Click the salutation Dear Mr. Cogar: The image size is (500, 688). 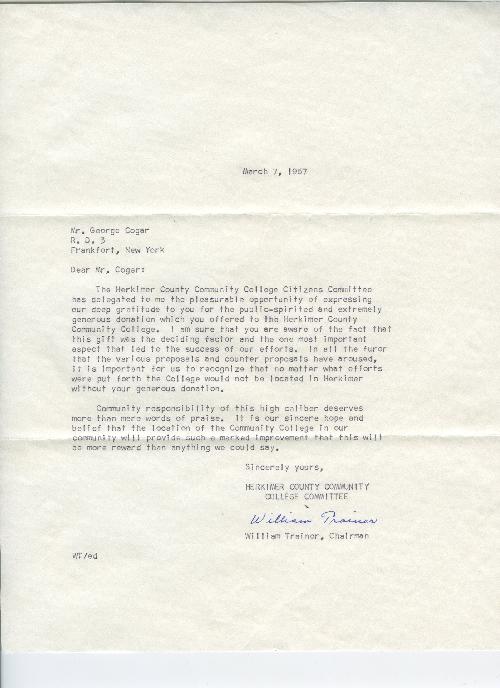click(107, 270)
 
